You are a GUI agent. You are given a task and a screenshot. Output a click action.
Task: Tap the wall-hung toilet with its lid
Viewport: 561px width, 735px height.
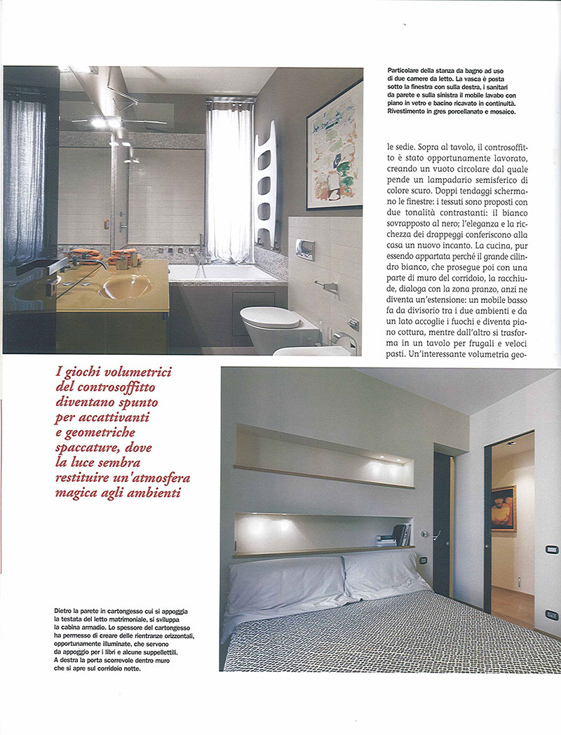[x=271, y=323]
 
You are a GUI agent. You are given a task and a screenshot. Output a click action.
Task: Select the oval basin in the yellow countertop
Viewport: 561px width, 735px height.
[x=127, y=285]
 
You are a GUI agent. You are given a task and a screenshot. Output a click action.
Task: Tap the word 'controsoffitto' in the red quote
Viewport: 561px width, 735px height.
[x=119, y=388]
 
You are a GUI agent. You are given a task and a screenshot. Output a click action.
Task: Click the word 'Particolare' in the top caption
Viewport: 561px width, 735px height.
[x=405, y=72]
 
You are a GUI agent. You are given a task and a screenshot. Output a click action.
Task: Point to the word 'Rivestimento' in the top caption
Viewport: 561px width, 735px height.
[x=412, y=112]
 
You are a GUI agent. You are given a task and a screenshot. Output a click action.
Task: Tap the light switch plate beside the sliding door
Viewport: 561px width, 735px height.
[x=552, y=549]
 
